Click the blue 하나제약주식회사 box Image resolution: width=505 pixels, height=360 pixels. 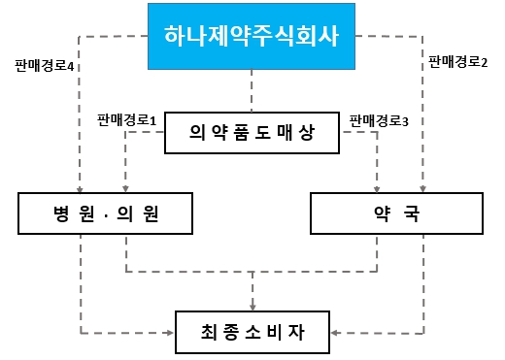252,38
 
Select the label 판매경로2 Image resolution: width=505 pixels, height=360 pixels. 458,60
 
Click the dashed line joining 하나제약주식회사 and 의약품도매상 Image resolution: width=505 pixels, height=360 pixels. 252,93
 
